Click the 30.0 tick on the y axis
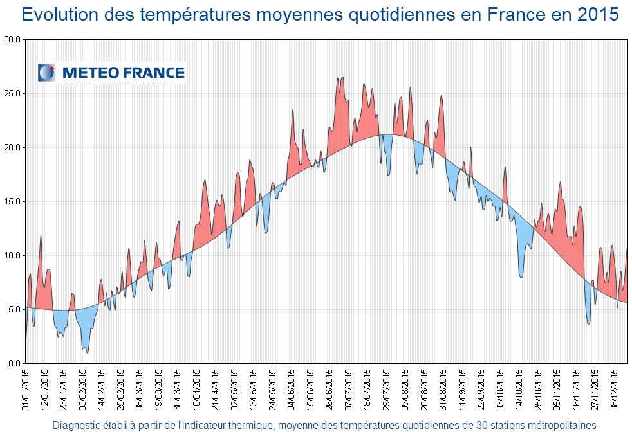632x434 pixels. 13,39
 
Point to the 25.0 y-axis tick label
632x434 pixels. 13,93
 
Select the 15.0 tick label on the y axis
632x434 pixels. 13,201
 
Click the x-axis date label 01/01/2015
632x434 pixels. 26,388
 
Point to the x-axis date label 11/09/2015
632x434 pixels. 462,388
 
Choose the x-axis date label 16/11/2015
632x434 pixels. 576,388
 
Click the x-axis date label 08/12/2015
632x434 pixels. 614,388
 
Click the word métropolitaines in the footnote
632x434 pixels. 561,425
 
